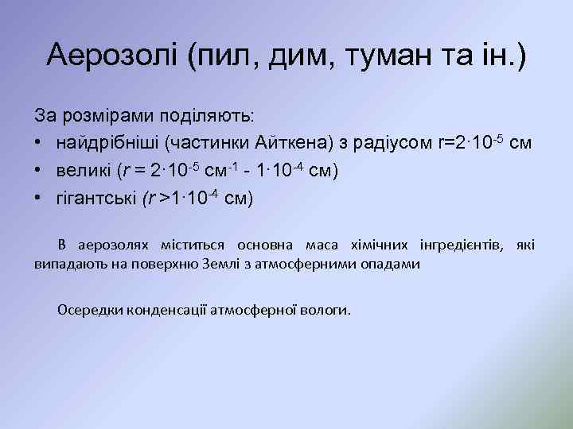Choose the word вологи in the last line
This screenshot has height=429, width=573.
point(326,310)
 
